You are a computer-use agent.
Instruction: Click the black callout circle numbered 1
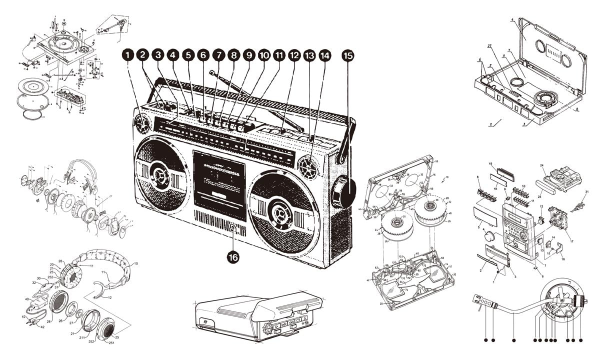coord(128,56)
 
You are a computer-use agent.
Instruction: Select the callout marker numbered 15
coord(348,56)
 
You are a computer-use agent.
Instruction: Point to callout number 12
coord(294,56)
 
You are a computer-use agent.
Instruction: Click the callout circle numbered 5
coord(188,56)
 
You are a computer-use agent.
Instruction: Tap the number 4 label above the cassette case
coord(513,20)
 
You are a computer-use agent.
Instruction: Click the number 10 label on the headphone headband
coord(136,263)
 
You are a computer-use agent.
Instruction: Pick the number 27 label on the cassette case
coord(490,46)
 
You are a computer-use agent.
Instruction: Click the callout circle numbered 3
coord(158,56)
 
